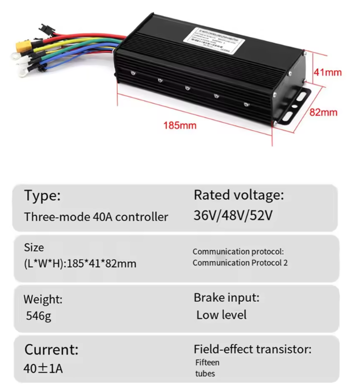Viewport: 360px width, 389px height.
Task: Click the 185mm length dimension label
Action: [x=180, y=126]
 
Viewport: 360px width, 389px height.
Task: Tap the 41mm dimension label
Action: [x=327, y=72]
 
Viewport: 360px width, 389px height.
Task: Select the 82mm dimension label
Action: [x=324, y=113]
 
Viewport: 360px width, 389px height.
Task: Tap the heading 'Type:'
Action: [x=42, y=196]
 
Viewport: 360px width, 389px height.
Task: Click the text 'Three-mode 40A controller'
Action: [x=96, y=217]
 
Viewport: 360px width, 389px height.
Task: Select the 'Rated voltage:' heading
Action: [x=239, y=195]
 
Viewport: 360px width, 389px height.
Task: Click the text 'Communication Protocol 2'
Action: [x=240, y=263]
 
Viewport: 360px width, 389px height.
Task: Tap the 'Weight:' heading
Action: [x=43, y=299]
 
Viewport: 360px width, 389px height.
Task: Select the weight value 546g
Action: [x=39, y=317]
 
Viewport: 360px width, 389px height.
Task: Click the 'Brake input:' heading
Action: [x=226, y=298]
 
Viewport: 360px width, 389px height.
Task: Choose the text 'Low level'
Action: [x=221, y=315]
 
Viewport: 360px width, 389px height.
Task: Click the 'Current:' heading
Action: [x=51, y=349]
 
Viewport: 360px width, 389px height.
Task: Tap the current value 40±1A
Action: [x=43, y=368]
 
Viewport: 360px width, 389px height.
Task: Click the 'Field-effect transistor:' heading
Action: [x=252, y=349]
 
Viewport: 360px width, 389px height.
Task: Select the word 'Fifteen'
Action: [x=207, y=363]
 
